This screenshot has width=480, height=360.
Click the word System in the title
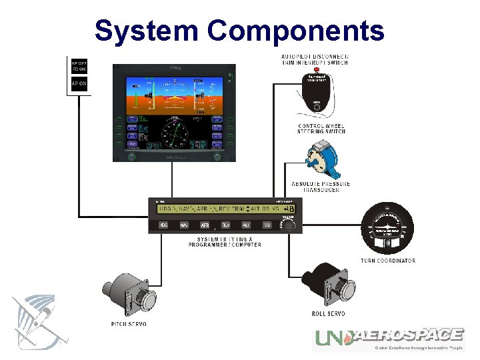[x=146, y=31]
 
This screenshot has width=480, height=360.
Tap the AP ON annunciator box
[x=79, y=83]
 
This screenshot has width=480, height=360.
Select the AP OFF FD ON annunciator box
[x=79, y=66]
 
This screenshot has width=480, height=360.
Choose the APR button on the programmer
[x=205, y=225]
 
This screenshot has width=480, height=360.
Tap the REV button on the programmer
[x=225, y=225]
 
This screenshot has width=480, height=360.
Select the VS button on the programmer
[x=267, y=225]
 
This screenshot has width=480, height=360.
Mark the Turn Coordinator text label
[x=388, y=261]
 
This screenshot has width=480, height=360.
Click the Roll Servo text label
[x=329, y=314]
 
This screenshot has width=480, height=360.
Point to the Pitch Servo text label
[x=129, y=324]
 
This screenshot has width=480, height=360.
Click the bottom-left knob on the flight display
[x=131, y=157]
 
